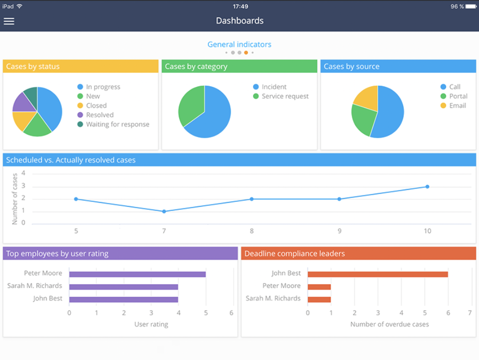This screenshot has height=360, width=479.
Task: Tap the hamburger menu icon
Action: (x=9, y=21)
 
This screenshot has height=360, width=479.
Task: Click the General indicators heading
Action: (x=239, y=44)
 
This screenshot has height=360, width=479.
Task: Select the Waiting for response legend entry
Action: (x=117, y=125)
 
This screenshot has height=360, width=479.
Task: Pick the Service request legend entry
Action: (x=285, y=96)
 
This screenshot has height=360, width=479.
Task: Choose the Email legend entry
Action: (x=458, y=106)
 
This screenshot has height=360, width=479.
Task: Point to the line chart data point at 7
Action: (x=164, y=211)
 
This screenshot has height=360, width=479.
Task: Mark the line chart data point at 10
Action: (x=427, y=187)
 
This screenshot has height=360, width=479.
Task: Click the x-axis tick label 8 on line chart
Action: (x=251, y=231)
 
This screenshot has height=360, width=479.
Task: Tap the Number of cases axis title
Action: (x=15, y=199)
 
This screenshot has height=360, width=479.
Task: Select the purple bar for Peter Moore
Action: (x=137, y=274)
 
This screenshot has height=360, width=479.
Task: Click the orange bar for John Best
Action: (x=377, y=274)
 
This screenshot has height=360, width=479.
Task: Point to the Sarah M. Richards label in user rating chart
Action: (x=34, y=286)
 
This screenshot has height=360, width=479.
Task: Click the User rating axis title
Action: (x=151, y=325)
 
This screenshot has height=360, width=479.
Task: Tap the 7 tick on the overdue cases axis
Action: (x=470, y=313)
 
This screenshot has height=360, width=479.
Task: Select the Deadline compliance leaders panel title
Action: (x=294, y=254)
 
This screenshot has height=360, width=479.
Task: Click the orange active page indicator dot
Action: (x=246, y=52)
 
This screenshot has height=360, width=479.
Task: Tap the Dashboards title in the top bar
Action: (x=239, y=21)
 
